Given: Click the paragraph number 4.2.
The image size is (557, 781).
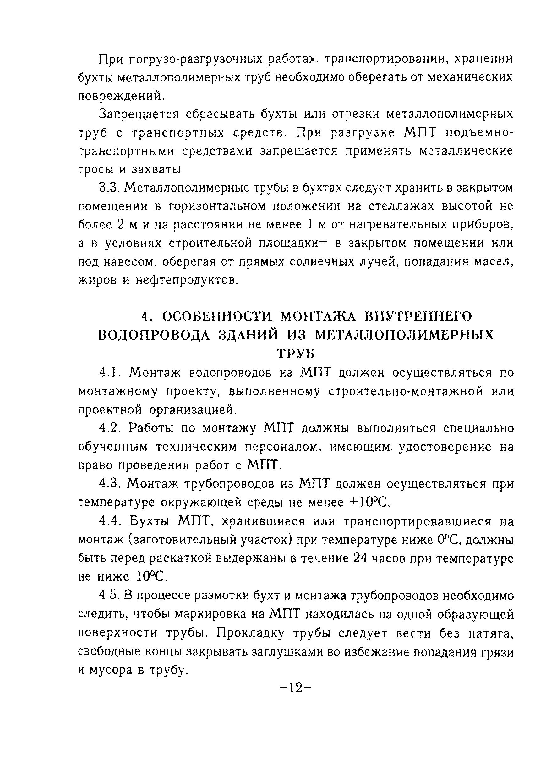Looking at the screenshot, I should coord(110,428).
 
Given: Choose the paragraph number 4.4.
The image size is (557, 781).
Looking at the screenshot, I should coord(110,522).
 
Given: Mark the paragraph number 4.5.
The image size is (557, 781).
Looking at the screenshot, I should coord(109,596).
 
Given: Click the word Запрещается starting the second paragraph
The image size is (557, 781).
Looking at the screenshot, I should coord(139,114).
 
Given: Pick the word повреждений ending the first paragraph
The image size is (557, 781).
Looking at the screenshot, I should coord(120,96).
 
